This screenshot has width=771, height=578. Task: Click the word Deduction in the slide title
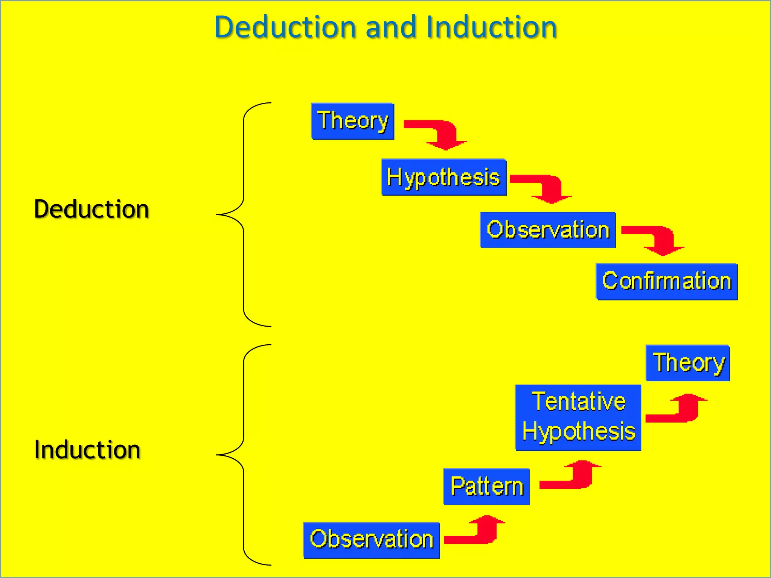point(285,27)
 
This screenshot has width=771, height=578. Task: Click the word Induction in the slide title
point(491,27)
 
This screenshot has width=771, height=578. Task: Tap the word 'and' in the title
point(391,27)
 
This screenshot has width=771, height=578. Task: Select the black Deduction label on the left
point(91,209)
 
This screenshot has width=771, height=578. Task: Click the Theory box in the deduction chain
point(352,121)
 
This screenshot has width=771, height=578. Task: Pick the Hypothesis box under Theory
point(443,177)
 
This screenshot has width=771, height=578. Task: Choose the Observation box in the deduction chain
point(548,230)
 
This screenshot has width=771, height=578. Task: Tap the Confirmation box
point(666,281)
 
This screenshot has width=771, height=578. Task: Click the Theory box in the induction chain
point(688,363)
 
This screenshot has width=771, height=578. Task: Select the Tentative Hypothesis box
point(578,417)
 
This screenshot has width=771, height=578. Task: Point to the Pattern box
point(486,487)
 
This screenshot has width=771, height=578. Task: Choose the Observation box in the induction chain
point(371,540)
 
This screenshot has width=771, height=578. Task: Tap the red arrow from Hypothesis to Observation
point(546,187)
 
